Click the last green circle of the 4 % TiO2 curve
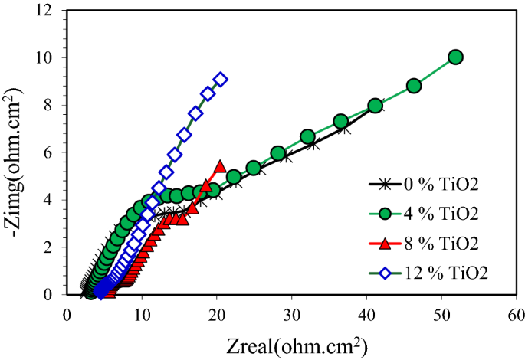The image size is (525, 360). [455, 57]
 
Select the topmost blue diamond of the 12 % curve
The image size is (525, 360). [221, 79]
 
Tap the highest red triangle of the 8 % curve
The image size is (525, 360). [220, 166]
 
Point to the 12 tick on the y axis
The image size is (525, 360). [50, 11]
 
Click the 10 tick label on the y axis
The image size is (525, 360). [50, 58]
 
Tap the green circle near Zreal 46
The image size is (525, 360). [414, 86]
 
